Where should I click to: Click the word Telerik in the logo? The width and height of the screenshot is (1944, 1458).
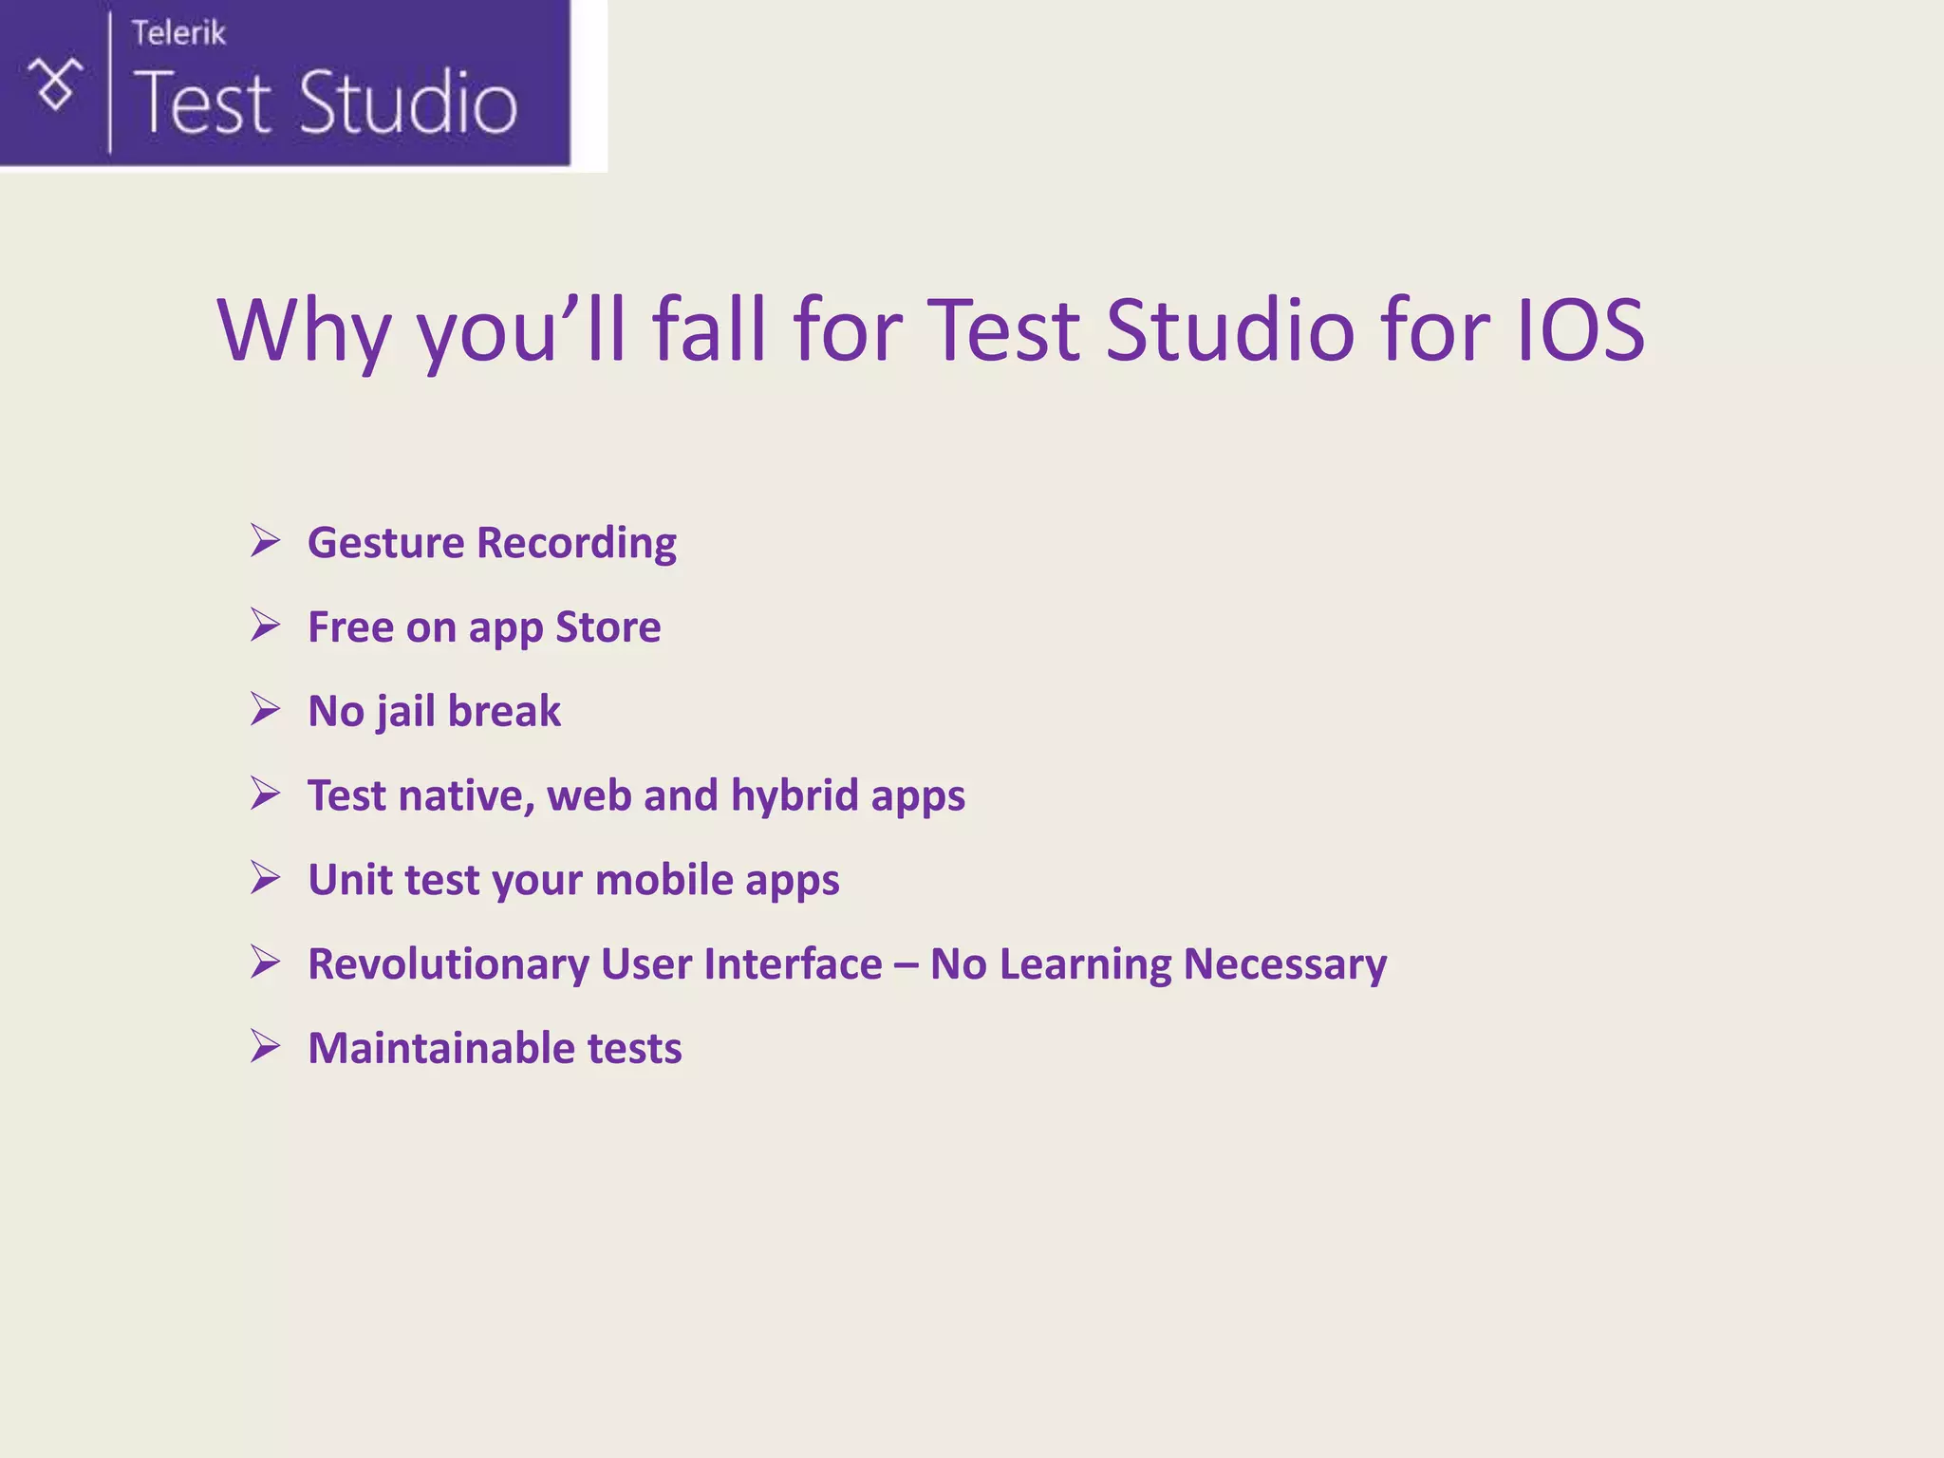tap(178, 33)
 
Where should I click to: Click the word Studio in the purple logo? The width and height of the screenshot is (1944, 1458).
tap(408, 103)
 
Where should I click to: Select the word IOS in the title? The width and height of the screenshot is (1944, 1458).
tap(1579, 329)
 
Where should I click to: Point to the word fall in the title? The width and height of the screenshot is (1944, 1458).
tap(708, 329)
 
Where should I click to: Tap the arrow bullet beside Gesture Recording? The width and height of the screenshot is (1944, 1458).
tap(266, 541)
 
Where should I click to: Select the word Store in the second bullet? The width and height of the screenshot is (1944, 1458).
tap(607, 627)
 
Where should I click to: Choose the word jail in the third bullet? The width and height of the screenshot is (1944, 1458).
tap(406, 712)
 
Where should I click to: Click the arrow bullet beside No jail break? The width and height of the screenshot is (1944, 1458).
tap(266, 709)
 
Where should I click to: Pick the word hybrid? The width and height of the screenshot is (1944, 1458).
tap(794, 795)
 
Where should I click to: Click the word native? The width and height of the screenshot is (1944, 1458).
tap(467, 795)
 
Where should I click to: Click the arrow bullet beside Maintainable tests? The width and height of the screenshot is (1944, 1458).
tap(266, 1046)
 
